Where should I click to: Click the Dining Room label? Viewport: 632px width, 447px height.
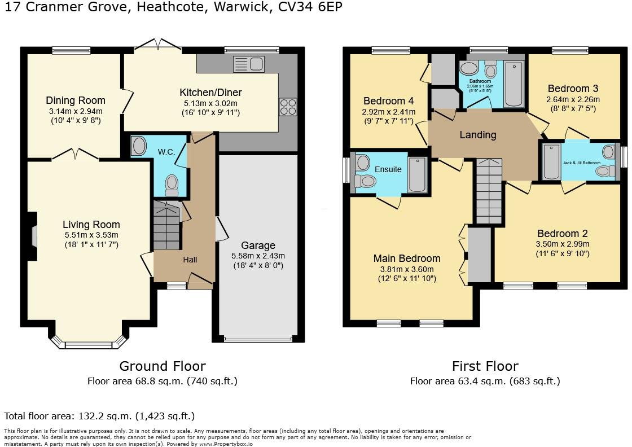[76, 100]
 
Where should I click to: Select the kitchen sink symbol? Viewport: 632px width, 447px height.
[248, 64]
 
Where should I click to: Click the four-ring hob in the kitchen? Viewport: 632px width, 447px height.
[288, 107]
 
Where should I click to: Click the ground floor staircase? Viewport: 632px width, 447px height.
[166, 227]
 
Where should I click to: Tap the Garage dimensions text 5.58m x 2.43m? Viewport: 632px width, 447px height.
[258, 256]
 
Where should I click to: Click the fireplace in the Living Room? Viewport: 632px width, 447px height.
[34, 236]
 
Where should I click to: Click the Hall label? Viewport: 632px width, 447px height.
[190, 260]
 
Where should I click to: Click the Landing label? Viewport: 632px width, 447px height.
[478, 135]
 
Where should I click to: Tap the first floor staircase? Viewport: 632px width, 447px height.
[489, 191]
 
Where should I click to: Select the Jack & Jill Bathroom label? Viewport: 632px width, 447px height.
[581, 163]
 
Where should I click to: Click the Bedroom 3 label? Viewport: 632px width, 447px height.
[573, 89]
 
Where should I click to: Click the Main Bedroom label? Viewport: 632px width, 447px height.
[407, 258]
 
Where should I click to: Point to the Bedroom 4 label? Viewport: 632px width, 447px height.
[388, 101]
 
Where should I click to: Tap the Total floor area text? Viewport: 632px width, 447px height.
[99, 416]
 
